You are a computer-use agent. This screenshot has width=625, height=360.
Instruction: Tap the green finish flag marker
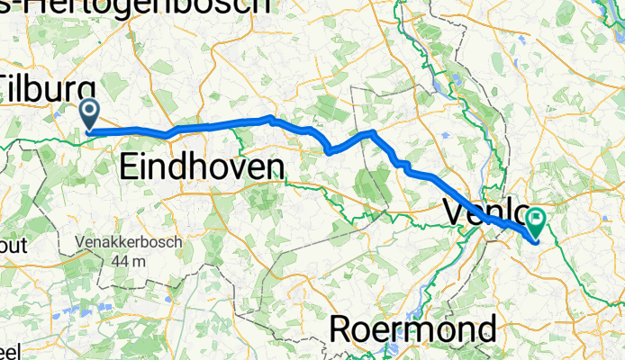[x=538, y=218]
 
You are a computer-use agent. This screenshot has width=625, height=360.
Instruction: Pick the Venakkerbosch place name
[x=130, y=242]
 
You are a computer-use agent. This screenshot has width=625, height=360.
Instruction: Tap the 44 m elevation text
[x=130, y=262]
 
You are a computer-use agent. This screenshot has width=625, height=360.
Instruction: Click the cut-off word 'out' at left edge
[x=15, y=246]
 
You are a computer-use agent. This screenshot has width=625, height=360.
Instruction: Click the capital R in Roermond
[x=341, y=329]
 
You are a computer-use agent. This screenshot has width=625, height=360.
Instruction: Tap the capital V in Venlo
[x=455, y=213]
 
